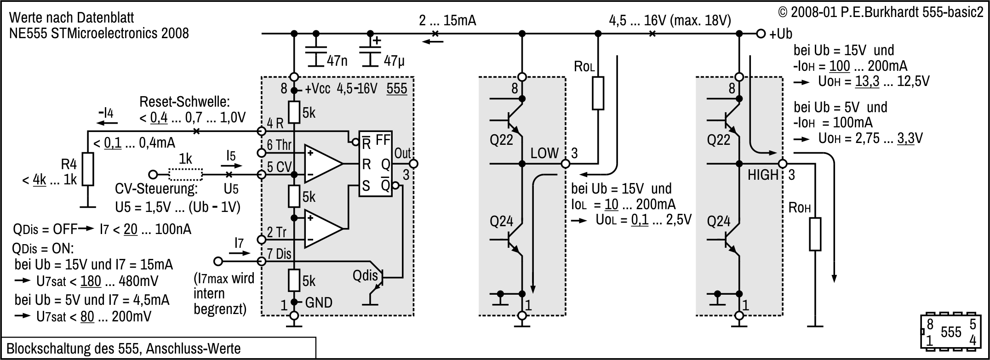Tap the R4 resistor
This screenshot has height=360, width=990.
[87, 169]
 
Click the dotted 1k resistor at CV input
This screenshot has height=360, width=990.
[185, 175]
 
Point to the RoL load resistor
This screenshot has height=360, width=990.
[597, 93]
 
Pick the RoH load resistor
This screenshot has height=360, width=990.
[815, 234]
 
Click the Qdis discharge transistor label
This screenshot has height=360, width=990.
[365, 276]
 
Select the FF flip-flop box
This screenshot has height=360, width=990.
[376, 164]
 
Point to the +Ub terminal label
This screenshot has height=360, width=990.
[781, 34]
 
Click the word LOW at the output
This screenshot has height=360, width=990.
[544, 154]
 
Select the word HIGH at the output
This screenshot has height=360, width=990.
[763, 175]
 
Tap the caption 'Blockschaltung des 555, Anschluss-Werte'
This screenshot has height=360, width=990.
[124, 349]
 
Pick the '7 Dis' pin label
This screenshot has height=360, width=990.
[279, 254]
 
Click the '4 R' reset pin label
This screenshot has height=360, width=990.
[275, 123]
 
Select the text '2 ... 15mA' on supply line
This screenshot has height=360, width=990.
[447, 21]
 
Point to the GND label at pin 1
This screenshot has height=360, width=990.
[319, 303]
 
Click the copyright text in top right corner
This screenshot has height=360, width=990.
[880, 12]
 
